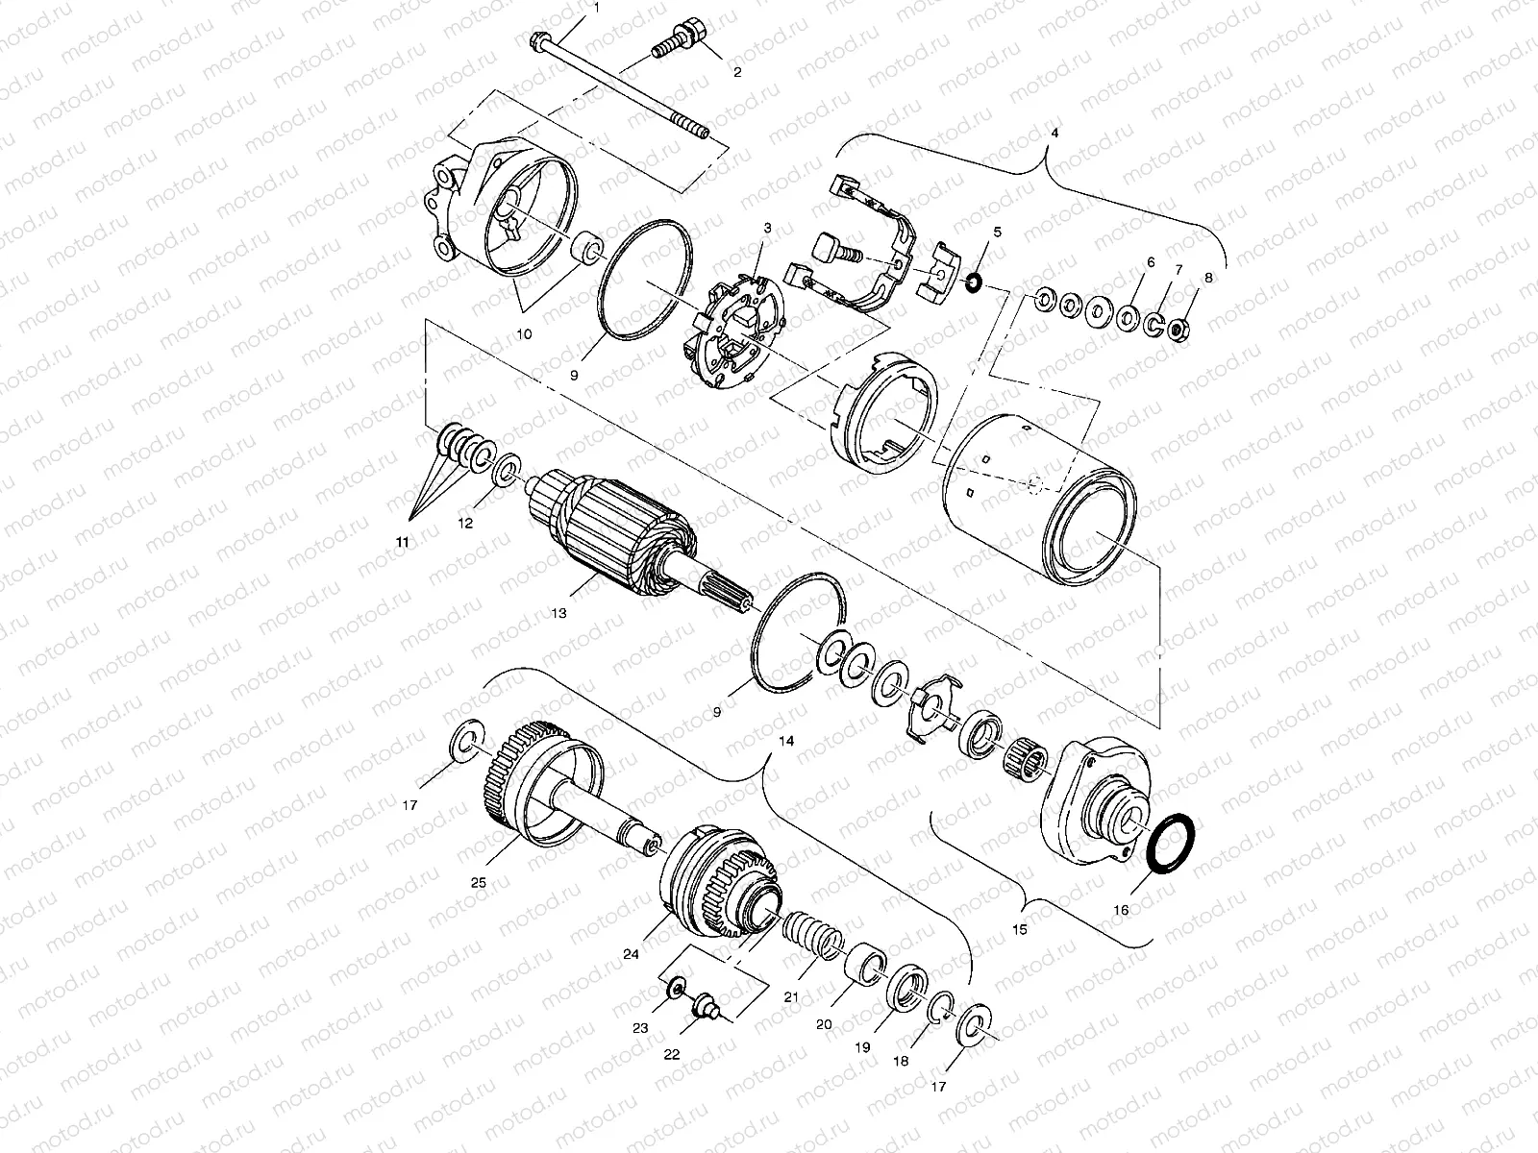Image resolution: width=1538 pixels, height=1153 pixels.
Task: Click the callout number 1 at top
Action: click(595, 8)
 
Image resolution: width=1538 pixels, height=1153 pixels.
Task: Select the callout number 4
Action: click(1054, 132)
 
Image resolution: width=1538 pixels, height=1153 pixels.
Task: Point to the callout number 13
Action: click(558, 612)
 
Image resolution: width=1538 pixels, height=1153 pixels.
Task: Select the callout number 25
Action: click(478, 882)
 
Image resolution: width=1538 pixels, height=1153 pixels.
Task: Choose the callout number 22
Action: click(672, 1054)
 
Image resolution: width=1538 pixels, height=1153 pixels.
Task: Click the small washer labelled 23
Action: click(675, 988)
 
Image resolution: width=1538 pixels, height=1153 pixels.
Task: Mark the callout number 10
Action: click(525, 333)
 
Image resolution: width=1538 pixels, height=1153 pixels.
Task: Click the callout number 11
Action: click(402, 543)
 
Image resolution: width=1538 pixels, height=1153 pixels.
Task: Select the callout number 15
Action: click(1020, 929)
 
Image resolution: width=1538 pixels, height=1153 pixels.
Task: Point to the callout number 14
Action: click(787, 742)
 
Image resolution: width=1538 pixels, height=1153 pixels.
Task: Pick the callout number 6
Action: click(1149, 262)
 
